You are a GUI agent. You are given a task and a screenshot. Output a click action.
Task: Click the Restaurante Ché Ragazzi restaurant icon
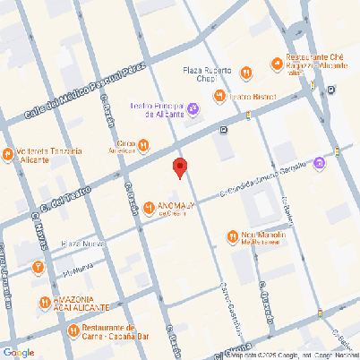pos(276,63)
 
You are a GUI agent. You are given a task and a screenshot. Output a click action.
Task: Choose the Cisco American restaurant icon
pos(142,147)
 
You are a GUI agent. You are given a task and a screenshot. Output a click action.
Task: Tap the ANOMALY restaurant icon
pos(150,208)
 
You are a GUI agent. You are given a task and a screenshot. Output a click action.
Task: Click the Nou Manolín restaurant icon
pos(232,237)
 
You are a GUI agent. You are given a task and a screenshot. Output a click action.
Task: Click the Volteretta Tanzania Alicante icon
pos(9,152)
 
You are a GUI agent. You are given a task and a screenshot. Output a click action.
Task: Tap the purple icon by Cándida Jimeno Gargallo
pos(319,163)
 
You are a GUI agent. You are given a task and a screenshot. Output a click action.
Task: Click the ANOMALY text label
pos(176,209)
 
